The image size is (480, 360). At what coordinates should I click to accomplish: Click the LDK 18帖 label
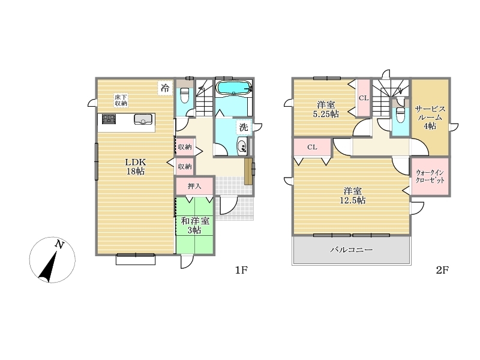136,167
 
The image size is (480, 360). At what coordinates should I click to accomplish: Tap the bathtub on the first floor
234,88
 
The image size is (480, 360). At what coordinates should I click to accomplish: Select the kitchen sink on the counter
143,119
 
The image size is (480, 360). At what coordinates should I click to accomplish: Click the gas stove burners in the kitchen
109,119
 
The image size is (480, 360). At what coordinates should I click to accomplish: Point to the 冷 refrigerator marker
165,88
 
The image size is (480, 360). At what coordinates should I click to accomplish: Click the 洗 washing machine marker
244,127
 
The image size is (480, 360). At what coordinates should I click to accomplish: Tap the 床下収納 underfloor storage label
121,100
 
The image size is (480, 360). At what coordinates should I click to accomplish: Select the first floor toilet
185,94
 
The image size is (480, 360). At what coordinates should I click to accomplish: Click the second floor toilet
400,114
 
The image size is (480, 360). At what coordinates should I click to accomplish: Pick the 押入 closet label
194,186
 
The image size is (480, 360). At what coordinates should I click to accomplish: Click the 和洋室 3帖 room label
195,226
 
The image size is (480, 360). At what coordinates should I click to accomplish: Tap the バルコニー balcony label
352,250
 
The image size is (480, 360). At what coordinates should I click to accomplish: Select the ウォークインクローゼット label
430,176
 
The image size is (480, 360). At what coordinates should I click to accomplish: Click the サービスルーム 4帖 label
430,118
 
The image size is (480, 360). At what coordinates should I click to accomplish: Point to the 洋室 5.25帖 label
326,109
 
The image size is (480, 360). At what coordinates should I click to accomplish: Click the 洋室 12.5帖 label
352,196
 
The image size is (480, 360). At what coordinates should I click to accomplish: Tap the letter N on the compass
59,245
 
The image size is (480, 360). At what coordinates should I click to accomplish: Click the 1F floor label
241,270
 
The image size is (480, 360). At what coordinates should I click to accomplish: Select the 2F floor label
442,270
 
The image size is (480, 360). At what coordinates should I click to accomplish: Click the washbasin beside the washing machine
242,146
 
